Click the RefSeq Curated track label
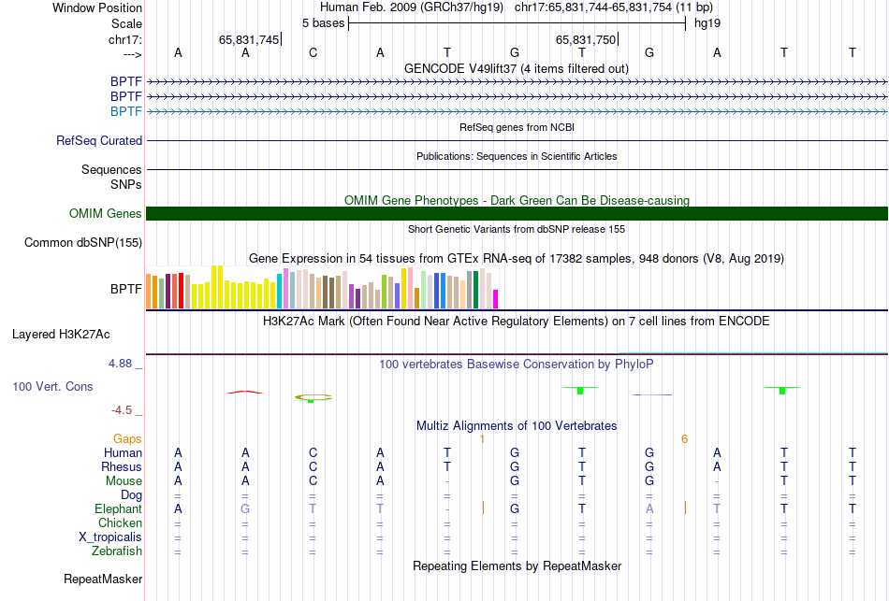coord(99,141)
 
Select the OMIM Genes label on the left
coord(106,214)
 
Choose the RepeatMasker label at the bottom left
coord(103,580)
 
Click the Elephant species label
coord(118,509)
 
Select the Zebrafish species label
coord(117,551)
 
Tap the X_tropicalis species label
coord(110,537)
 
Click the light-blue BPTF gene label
coord(126,112)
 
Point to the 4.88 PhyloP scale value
coord(122,364)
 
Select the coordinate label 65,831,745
coord(249,40)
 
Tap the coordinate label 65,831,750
coord(586,40)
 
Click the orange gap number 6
coord(684,439)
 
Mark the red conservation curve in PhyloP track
coord(245,392)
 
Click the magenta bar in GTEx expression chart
coord(495,298)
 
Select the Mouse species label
coord(124,481)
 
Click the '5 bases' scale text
coord(323,22)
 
